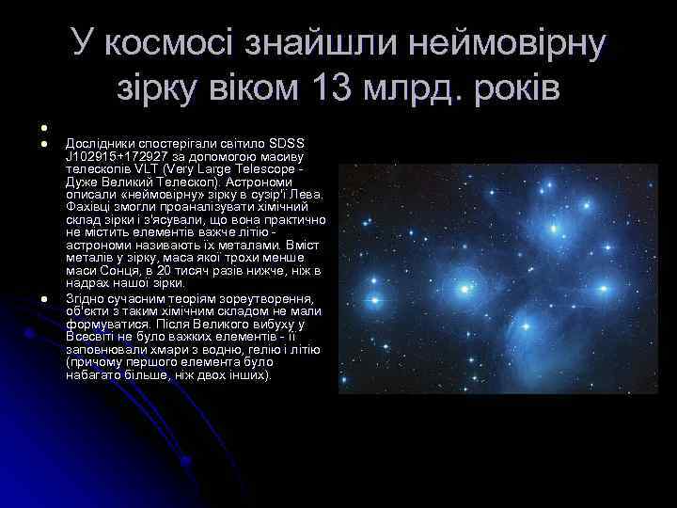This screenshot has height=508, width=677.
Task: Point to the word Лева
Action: [x=309, y=195]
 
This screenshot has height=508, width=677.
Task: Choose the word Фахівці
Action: [x=88, y=205]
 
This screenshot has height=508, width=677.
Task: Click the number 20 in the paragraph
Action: [x=164, y=269]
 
